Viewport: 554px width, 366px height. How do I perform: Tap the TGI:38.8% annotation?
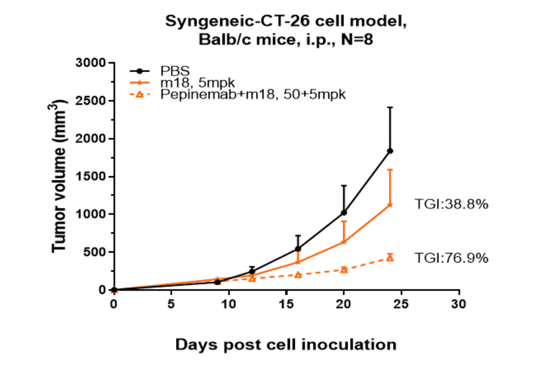tap(451, 205)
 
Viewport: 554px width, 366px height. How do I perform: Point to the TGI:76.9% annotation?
tap(451, 258)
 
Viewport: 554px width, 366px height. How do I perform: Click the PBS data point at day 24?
tap(390, 151)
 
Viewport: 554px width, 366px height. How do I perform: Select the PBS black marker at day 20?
tap(344, 213)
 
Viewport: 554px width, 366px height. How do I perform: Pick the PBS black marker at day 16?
tap(298, 249)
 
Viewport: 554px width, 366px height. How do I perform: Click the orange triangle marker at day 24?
tap(390, 257)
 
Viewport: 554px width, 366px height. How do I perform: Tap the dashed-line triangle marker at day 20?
tap(344, 269)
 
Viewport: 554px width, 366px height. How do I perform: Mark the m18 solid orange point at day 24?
tap(390, 205)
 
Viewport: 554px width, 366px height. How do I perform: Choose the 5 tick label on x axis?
tap(171, 304)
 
